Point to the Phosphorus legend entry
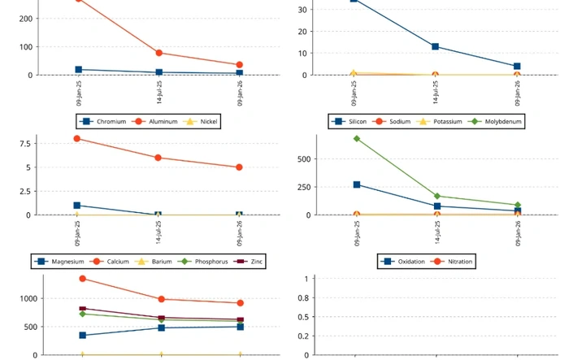(x=209, y=262)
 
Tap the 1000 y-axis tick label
(x=26, y=299)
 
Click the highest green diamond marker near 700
(x=357, y=138)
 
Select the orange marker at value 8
(x=77, y=138)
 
